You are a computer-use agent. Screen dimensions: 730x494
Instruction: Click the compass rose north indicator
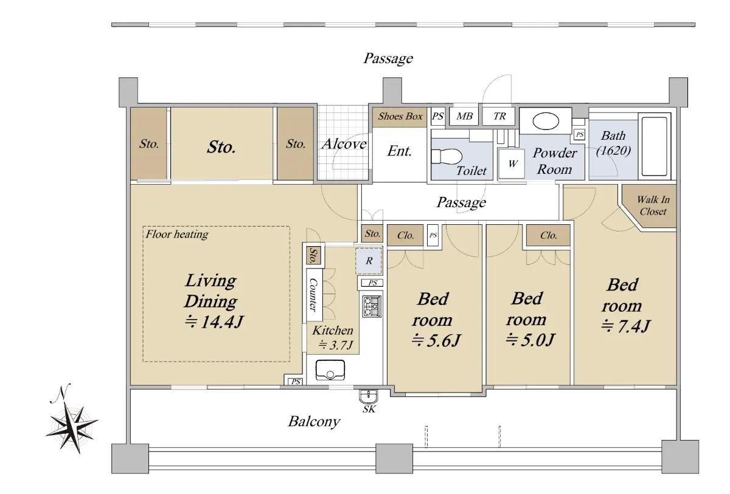click(72, 420)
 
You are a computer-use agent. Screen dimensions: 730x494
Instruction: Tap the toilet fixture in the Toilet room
click(447, 157)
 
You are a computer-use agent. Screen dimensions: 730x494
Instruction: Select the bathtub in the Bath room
click(655, 146)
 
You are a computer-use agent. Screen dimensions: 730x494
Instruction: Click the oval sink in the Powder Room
click(546, 121)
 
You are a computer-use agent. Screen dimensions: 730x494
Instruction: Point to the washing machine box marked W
click(512, 163)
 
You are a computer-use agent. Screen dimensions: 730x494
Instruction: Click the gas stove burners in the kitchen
click(372, 306)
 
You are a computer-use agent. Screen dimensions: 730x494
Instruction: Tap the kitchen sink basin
click(330, 369)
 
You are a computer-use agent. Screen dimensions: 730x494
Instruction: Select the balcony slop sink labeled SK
click(369, 396)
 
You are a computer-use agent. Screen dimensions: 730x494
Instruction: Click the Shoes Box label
click(400, 116)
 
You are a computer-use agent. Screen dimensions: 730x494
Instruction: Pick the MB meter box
click(464, 116)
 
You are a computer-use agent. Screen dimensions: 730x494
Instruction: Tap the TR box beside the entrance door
click(499, 116)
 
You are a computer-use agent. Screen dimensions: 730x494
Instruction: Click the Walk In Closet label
click(653, 205)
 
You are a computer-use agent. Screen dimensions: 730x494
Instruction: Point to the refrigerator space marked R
click(369, 261)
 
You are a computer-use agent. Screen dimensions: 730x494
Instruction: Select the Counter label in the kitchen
click(313, 295)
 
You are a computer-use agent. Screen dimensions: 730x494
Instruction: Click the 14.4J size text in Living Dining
click(214, 322)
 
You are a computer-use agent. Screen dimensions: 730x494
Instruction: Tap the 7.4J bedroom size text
click(626, 326)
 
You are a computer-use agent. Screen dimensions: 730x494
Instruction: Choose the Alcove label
click(344, 144)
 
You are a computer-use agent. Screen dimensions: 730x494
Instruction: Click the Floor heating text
click(177, 235)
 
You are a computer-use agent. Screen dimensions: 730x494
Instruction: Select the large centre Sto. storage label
click(221, 147)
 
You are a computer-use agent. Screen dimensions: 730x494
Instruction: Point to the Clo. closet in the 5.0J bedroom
click(549, 235)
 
